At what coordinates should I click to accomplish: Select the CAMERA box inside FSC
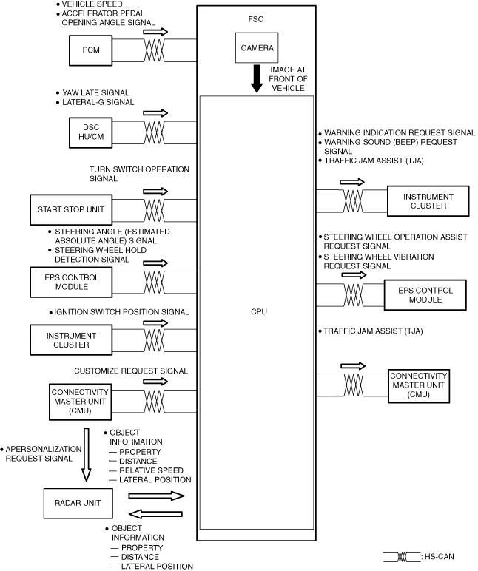point(257,48)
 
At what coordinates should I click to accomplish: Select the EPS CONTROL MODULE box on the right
point(424,294)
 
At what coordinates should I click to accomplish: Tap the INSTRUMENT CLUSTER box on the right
point(428,200)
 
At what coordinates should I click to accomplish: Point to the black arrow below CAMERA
point(257,79)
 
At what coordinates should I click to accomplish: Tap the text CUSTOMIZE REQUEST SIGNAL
point(131,370)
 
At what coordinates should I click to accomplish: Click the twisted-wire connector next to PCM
point(155,50)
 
